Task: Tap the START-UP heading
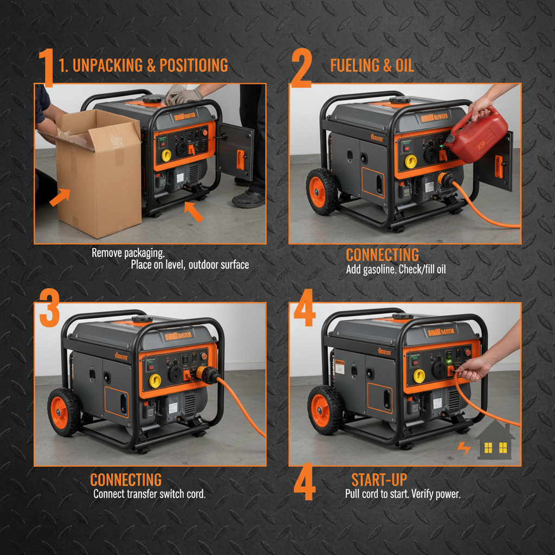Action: (379, 480)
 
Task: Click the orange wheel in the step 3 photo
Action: (64, 412)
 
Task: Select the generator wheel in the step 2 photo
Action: (322, 191)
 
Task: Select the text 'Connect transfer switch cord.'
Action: (149, 494)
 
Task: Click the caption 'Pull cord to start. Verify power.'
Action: (402, 494)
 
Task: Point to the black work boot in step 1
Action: (248, 198)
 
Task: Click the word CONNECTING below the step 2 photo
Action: (382, 255)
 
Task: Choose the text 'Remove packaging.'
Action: (128, 253)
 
